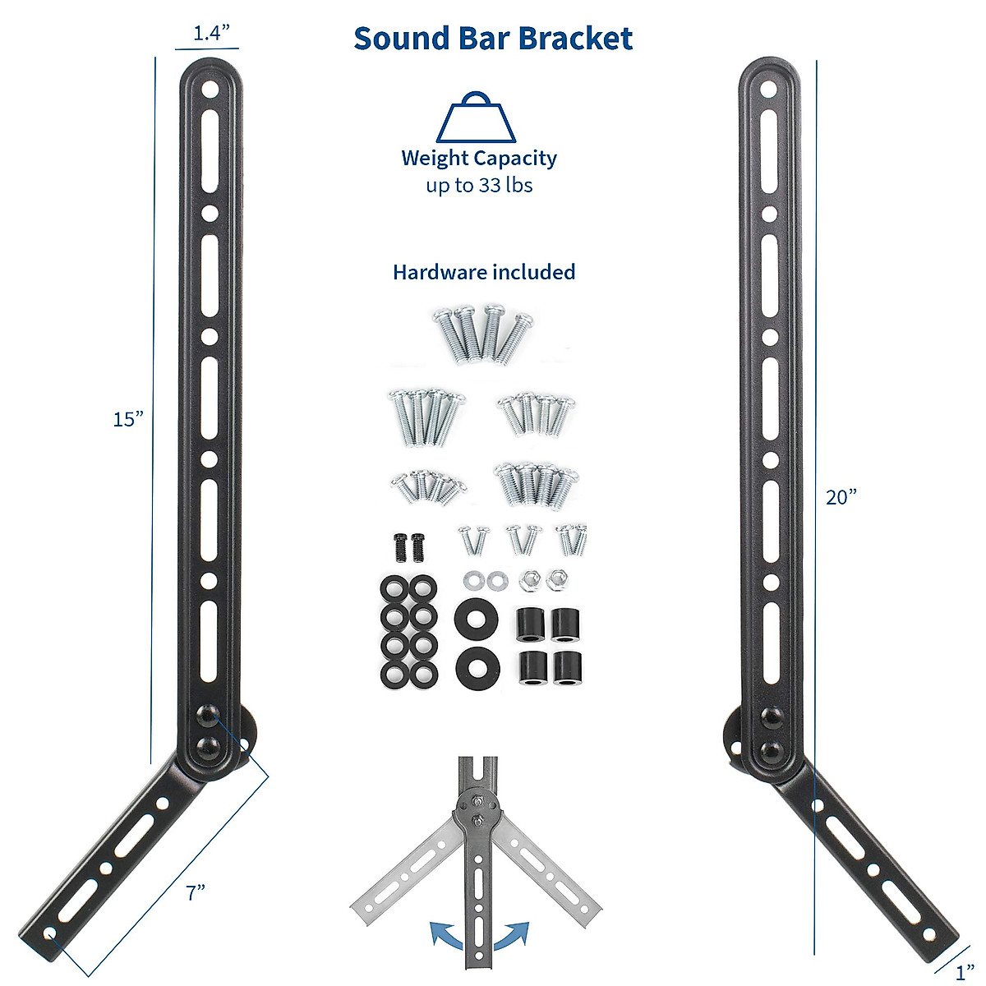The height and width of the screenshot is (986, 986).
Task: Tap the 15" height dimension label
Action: click(x=128, y=419)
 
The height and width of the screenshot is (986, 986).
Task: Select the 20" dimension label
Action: click(x=841, y=497)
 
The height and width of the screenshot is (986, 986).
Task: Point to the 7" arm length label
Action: click(x=195, y=892)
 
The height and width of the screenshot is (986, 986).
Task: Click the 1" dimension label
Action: click(x=965, y=974)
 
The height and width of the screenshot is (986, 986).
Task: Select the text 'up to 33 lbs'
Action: click(x=479, y=186)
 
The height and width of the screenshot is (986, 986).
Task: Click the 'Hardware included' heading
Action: click(x=484, y=272)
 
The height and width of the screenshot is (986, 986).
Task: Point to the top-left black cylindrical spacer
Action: click(x=532, y=625)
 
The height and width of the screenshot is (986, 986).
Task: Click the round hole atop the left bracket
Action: click(x=211, y=87)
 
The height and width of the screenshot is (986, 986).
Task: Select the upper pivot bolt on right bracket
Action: click(x=771, y=717)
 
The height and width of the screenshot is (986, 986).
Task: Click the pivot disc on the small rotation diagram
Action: click(x=476, y=809)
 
